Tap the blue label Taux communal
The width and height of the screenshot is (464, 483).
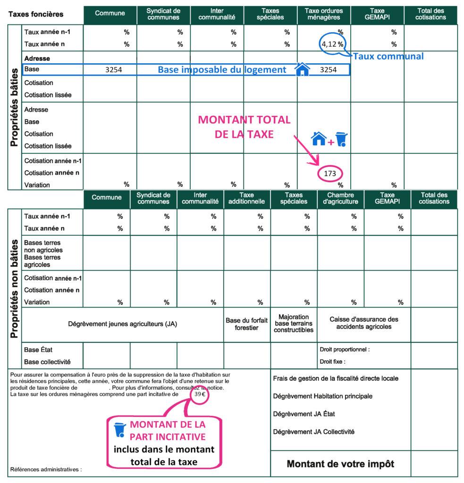[x=388, y=56]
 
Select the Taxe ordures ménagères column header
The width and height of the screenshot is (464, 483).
[x=324, y=14]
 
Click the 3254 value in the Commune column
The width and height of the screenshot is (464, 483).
[x=113, y=70]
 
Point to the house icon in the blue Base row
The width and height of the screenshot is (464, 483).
[x=302, y=69]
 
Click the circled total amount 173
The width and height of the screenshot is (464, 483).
[x=330, y=174]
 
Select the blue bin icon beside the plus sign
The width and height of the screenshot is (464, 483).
[x=341, y=139]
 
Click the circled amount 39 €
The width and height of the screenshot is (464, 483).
[x=200, y=394]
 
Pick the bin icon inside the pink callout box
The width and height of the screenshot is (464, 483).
[x=120, y=429]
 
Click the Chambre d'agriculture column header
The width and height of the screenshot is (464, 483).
[x=340, y=198]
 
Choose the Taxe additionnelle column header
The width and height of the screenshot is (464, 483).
[x=247, y=198]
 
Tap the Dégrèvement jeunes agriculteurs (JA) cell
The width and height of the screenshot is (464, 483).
[x=123, y=325]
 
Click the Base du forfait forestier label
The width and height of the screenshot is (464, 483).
[x=247, y=324]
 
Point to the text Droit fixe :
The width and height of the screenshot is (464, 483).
[x=332, y=362]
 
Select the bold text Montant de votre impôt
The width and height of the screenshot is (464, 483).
[x=340, y=464]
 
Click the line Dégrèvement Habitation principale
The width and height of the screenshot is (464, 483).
[x=322, y=396]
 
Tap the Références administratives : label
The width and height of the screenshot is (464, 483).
[x=46, y=469]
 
